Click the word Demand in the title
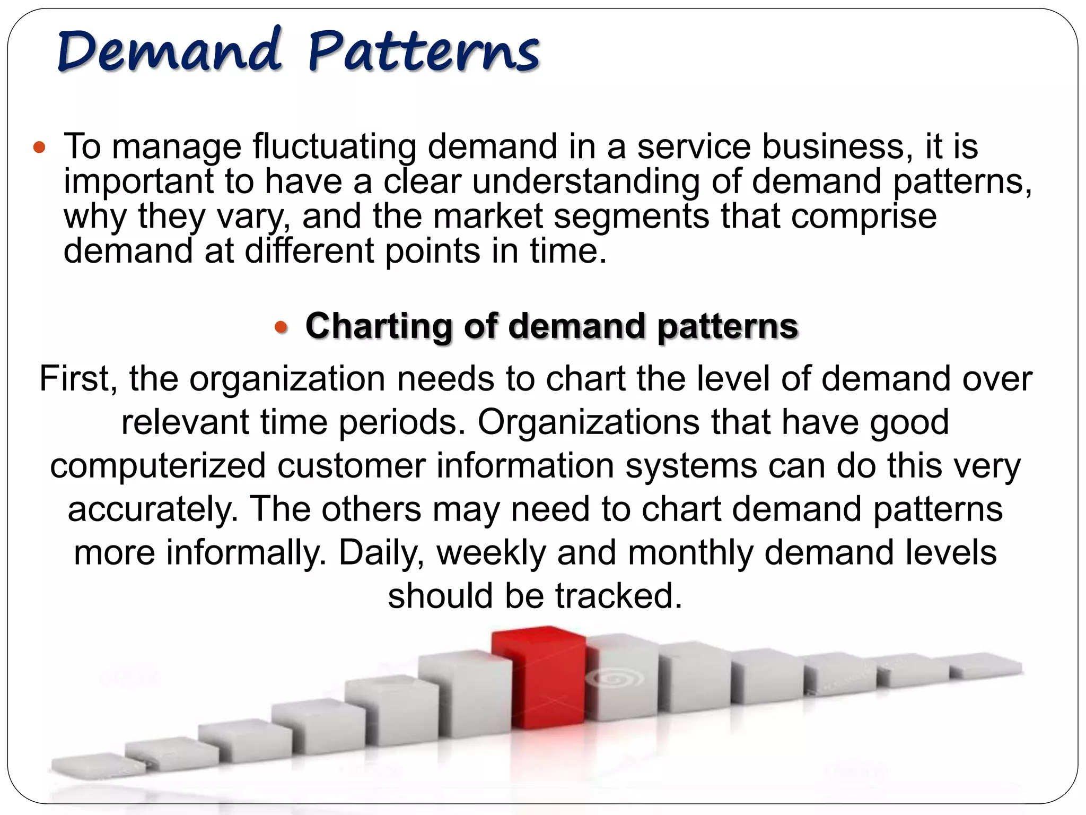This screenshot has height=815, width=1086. pyautogui.click(x=169, y=51)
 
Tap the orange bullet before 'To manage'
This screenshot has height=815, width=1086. pyautogui.click(x=39, y=147)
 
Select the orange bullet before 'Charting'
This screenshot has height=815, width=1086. pyautogui.click(x=281, y=326)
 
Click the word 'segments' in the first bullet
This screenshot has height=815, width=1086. pyautogui.click(x=632, y=216)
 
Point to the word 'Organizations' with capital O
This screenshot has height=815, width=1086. pyautogui.click(x=589, y=422)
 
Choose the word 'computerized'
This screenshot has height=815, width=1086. pyautogui.click(x=158, y=466)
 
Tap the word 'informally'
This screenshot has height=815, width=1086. pyautogui.click(x=247, y=553)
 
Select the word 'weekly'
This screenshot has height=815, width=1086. pyautogui.click(x=491, y=553)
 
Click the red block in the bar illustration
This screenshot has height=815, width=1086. pyautogui.click(x=538, y=679)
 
